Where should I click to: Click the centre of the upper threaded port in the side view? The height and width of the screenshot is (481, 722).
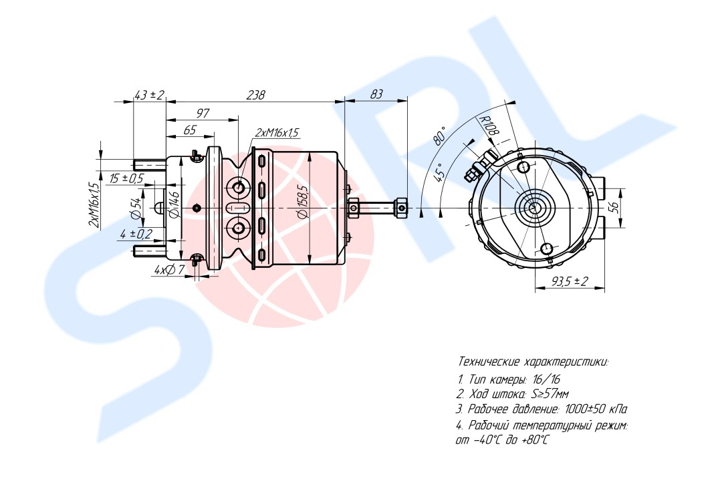239,188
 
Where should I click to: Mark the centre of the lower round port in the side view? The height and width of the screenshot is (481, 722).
239,227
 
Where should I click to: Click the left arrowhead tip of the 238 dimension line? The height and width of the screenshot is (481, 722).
166,102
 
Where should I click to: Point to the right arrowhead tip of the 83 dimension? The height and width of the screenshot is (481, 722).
408,101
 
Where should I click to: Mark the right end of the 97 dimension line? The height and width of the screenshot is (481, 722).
239,119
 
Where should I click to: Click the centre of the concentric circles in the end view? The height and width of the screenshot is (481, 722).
534,208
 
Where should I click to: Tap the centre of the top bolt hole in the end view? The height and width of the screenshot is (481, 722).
523,166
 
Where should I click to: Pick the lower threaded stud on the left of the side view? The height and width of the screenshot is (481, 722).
149,251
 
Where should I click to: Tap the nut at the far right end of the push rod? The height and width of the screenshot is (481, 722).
402,208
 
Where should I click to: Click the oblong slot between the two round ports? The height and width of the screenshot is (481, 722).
239,208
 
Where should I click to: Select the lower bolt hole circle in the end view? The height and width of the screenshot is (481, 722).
547,249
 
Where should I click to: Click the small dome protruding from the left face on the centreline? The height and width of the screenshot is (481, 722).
160,208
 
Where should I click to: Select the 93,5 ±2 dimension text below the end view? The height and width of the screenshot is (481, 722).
570,281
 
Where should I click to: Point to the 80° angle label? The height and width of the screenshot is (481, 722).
441,136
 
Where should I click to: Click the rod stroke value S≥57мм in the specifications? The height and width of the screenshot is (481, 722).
551,394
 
